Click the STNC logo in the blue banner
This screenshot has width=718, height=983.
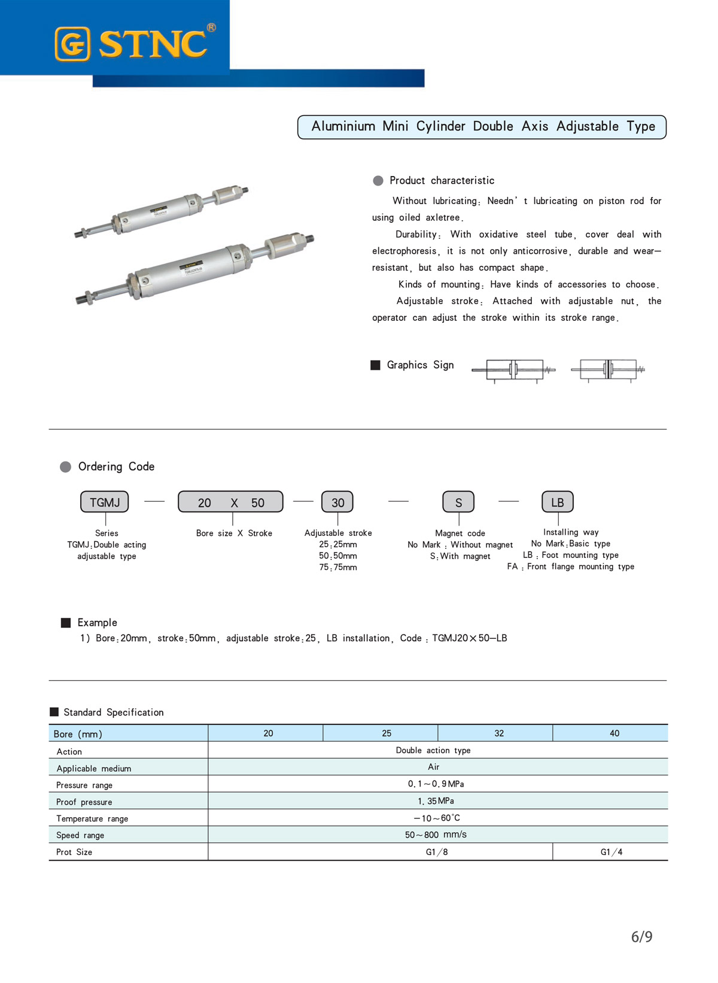point(135,43)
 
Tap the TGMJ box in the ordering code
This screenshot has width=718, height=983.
point(105,502)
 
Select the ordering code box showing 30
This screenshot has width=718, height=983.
point(337,502)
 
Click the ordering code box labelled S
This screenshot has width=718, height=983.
point(458,502)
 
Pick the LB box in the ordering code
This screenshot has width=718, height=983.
point(557,502)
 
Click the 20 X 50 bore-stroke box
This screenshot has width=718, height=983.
point(230,502)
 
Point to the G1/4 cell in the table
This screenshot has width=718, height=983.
point(611,852)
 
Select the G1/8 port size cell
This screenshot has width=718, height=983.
point(437,852)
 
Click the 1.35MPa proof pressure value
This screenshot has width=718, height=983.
point(436,801)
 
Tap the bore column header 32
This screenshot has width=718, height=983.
point(499,733)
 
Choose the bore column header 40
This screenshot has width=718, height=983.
point(614,733)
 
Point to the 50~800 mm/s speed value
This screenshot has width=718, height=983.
point(436,835)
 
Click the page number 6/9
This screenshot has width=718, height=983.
point(641,937)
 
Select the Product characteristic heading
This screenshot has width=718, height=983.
point(442,181)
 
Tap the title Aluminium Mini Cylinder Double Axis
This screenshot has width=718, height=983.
point(482,127)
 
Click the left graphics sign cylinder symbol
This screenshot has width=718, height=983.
point(513,370)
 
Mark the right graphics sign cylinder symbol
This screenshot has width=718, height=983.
point(608,370)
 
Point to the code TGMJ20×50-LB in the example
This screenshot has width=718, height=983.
point(470,638)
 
